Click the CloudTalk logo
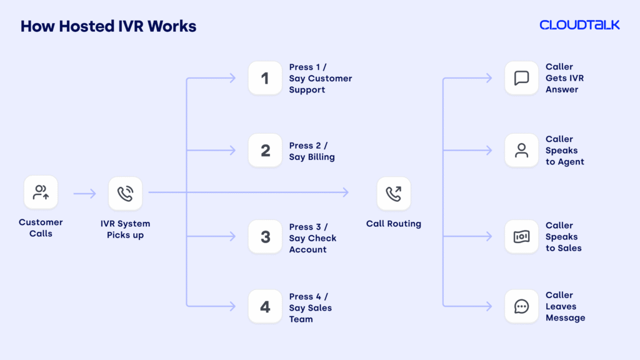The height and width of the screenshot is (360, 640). (579, 25)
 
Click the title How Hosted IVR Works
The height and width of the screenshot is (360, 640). (108, 26)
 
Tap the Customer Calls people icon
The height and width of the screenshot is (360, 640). (41, 192)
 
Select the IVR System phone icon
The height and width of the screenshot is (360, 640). (125, 193)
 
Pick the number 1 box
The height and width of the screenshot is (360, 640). (265, 78)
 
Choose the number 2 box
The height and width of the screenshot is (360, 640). (265, 151)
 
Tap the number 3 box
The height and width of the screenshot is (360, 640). (265, 237)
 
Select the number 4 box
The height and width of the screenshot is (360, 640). (265, 307)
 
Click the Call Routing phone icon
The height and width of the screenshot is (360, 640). (394, 193)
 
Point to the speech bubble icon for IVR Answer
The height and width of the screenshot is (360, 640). (521, 78)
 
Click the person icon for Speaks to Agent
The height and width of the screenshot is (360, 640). (521, 151)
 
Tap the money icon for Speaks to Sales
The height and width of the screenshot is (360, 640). (521, 237)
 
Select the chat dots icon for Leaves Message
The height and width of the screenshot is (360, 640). (521, 306)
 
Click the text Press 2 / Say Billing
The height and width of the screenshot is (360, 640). (311, 151)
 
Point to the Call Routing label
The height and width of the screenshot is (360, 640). (394, 224)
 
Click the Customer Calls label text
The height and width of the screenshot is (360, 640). (41, 228)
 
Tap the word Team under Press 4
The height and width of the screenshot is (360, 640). (301, 319)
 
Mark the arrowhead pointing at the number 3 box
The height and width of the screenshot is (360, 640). (232, 237)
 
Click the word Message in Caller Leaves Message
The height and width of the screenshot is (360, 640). (565, 318)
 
